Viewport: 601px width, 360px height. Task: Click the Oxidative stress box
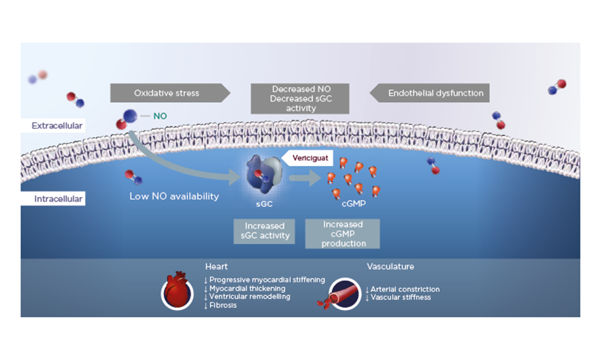coord(167,93)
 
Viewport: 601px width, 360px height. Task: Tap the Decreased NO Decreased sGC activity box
coord(300,98)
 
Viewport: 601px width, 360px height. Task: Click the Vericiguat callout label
coord(309,158)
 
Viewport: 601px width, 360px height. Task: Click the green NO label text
coord(160,115)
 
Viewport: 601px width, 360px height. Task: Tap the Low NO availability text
coord(174,196)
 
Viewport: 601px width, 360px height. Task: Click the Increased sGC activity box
coord(265,231)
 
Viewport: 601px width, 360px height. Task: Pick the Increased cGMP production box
coord(342,234)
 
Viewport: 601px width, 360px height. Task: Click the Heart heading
coord(216,266)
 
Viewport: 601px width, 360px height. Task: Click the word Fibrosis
coord(223,305)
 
